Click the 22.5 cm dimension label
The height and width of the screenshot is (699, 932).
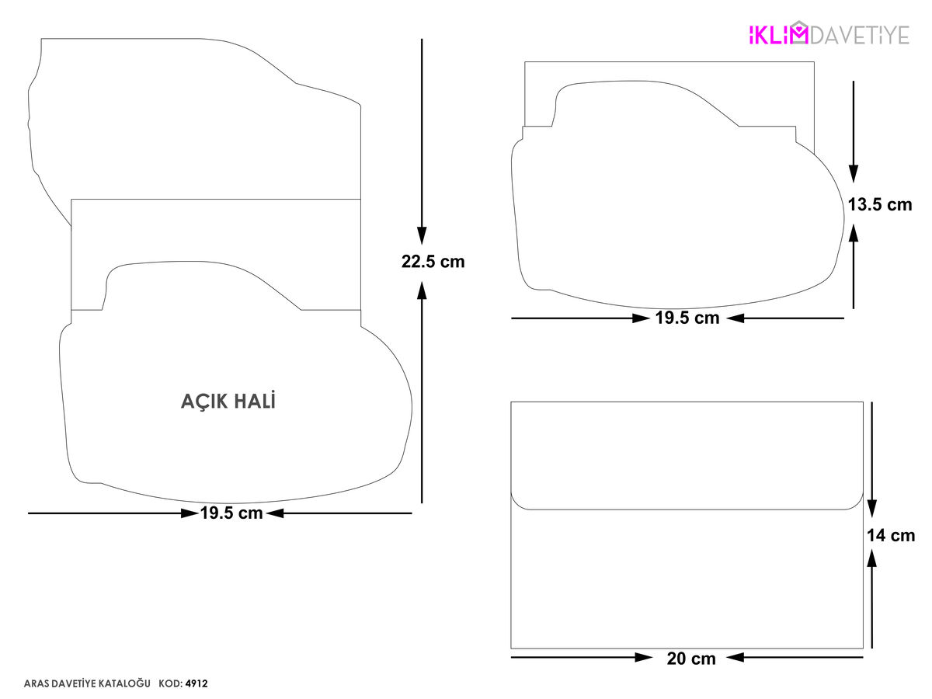[x=433, y=262]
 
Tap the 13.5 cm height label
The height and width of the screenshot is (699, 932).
[x=880, y=205]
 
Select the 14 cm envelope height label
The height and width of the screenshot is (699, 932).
[x=891, y=536]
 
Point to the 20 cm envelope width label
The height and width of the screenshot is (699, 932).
[x=691, y=659]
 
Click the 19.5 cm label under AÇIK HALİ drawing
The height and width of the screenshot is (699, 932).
[x=231, y=513]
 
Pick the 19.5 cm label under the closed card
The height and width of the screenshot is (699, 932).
[x=687, y=318]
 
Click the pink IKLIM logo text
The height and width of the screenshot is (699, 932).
[x=778, y=35]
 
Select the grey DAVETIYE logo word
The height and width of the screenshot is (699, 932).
[x=860, y=35]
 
